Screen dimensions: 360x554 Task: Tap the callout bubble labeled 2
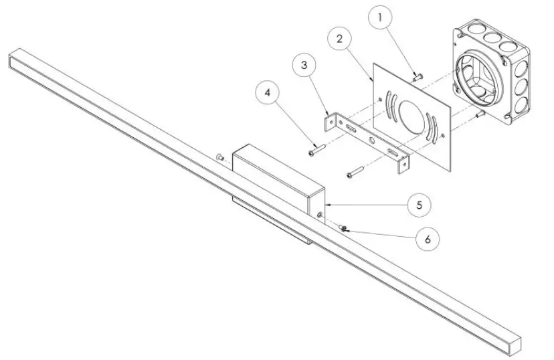tap(341, 39)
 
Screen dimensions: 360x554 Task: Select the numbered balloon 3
tap(304, 66)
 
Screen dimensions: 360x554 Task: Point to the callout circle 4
tap(268, 94)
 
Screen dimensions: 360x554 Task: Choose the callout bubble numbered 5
tap(418, 204)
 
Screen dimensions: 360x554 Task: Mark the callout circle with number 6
tap(428, 238)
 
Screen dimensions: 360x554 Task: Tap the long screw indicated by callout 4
tap(316, 149)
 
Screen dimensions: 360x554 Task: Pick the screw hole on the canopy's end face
tap(320, 214)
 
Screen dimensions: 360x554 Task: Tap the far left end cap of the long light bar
tap(15, 60)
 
